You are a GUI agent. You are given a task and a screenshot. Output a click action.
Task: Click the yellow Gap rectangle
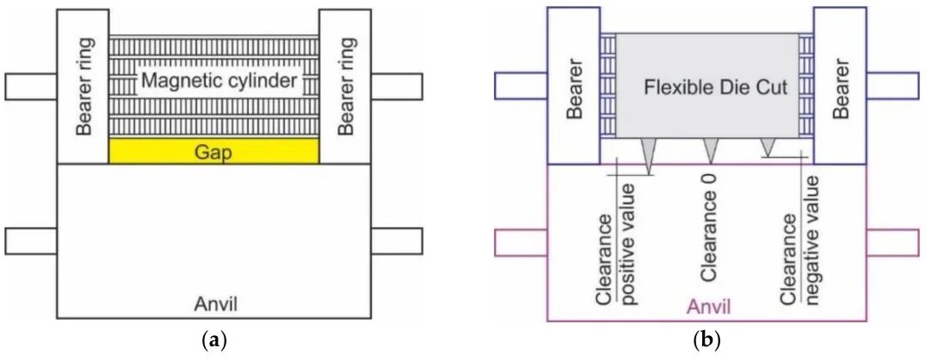(x=213, y=151)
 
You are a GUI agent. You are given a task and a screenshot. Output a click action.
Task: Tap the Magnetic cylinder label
(x=213, y=81)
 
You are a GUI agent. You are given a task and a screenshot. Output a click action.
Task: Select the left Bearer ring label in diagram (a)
(x=83, y=87)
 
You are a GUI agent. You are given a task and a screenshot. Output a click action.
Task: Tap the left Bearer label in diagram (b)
(x=574, y=87)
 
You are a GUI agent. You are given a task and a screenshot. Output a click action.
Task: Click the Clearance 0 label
(x=709, y=238)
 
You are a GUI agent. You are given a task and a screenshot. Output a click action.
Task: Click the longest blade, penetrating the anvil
(x=648, y=156)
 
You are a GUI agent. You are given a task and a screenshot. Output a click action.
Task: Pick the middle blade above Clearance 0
(x=711, y=151)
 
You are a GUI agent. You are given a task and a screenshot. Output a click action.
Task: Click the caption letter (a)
(x=214, y=340)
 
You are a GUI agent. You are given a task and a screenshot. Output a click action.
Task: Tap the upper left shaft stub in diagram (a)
(x=31, y=87)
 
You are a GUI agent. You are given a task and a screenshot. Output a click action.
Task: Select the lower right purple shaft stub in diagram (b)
(x=892, y=242)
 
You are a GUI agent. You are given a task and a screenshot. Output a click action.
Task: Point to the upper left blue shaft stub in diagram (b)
(x=520, y=87)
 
